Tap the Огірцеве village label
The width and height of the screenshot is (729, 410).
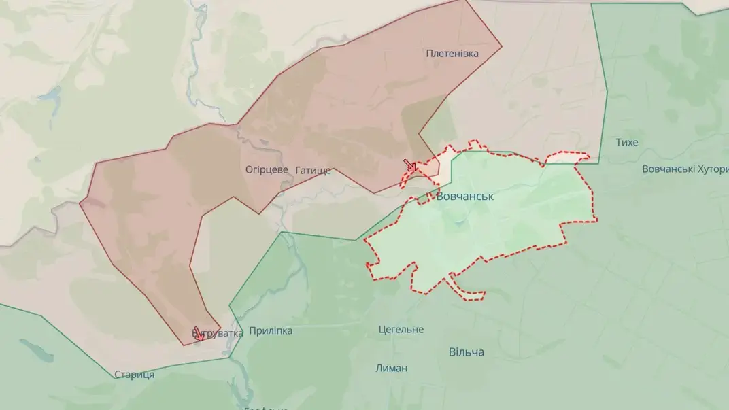[267, 169]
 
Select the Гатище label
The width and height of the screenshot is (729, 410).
[313, 170]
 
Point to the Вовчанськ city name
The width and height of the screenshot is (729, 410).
[465, 196]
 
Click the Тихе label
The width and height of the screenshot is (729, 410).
[626, 142]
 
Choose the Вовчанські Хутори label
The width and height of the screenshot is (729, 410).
[684, 169]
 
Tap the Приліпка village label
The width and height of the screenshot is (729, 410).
[271, 330]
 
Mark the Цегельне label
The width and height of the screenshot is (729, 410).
[401, 330]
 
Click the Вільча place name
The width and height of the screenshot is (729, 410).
[467, 352]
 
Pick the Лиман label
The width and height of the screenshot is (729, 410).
[391, 368]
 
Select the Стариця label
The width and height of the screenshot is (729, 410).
[134, 375]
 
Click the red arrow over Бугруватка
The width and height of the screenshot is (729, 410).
[198, 334]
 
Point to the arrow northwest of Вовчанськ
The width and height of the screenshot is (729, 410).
[410, 165]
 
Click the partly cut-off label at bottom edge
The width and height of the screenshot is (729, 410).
[267, 408]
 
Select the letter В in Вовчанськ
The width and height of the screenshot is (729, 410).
[441, 196]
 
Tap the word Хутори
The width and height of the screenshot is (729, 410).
[707, 169]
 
